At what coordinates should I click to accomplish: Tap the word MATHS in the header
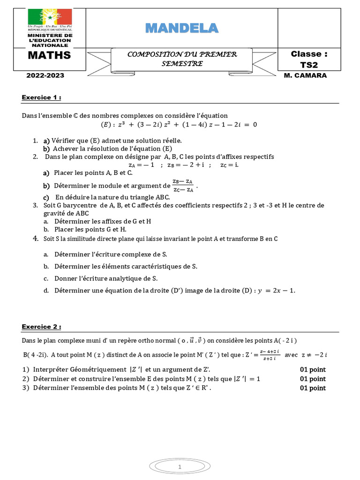point(49,55)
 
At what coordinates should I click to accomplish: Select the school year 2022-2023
point(45,75)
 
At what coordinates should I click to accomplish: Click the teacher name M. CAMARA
point(305,75)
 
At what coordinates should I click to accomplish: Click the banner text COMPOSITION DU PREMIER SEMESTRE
point(182,59)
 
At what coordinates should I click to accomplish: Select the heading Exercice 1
point(41,97)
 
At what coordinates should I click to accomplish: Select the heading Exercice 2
point(41,327)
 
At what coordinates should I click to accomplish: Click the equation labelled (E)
point(180,125)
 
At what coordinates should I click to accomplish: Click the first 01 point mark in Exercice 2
point(313,369)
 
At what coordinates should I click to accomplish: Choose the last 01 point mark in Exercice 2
point(313,388)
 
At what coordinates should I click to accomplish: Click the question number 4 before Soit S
point(35,239)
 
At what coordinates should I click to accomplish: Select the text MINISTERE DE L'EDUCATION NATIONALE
point(50,40)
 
